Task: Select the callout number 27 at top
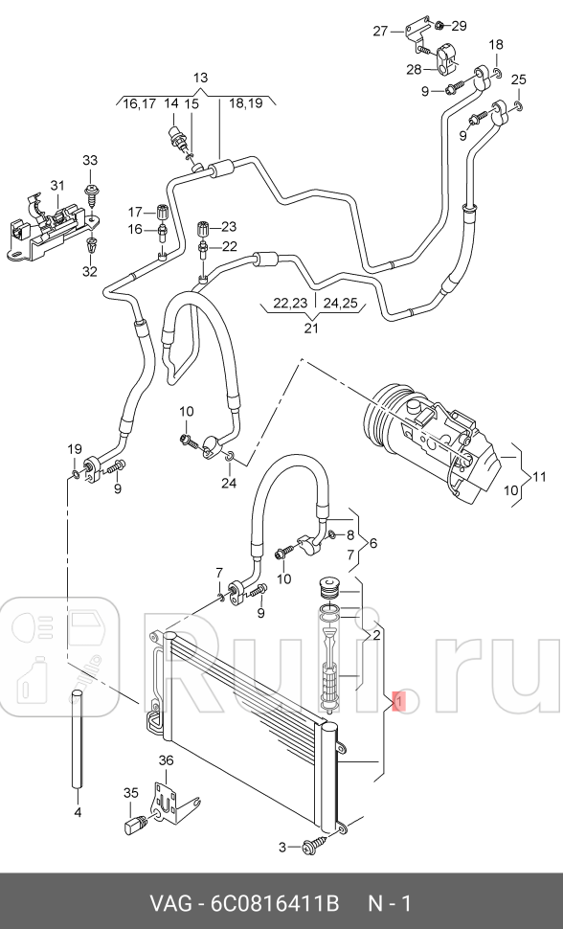381,31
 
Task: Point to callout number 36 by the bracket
166,760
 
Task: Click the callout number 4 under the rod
78,812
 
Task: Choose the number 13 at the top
199,78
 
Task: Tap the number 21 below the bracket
309,329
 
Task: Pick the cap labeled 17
162,212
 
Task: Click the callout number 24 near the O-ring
229,483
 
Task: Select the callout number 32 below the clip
89,272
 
